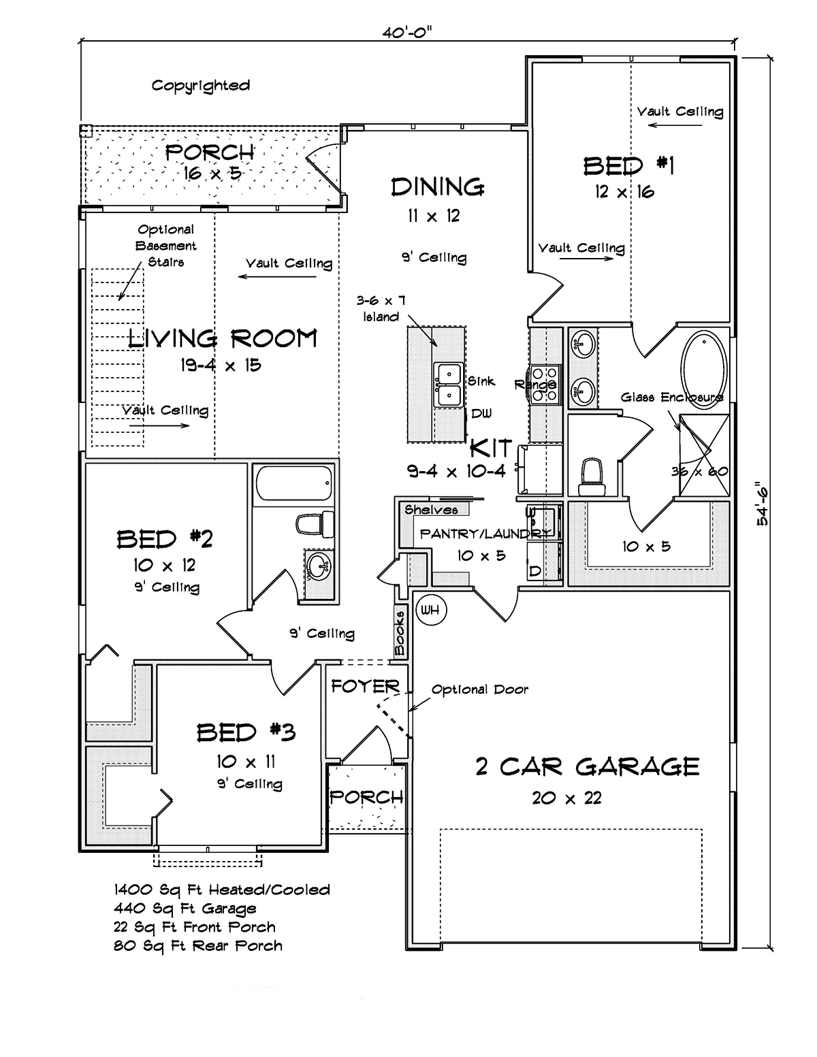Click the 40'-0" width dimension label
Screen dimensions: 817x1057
click(x=406, y=33)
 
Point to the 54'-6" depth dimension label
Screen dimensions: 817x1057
click(x=762, y=503)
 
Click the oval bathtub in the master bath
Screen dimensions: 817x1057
click(x=704, y=369)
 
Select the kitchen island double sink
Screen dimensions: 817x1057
click(x=448, y=385)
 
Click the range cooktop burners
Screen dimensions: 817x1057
click(x=545, y=385)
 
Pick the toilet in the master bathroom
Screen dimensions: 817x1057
click(x=592, y=476)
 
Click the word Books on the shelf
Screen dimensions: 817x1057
click(x=400, y=632)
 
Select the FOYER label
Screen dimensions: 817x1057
click(x=365, y=686)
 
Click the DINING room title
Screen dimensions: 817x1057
click(x=438, y=187)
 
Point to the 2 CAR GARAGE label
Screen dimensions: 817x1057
click(x=588, y=766)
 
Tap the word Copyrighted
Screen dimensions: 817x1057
click(x=201, y=86)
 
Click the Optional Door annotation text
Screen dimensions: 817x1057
click(x=480, y=689)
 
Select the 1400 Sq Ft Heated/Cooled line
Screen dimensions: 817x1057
click(x=222, y=890)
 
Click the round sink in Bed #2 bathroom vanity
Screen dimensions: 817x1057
click(x=318, y=566)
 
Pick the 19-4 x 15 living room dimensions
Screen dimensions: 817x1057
click(x=221, y=365)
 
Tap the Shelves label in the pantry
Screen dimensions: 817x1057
click(x=431, y=510)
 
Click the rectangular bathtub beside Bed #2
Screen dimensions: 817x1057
click(x=294, y=483)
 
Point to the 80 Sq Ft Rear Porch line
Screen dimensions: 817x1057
click(x=198, y=946)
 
